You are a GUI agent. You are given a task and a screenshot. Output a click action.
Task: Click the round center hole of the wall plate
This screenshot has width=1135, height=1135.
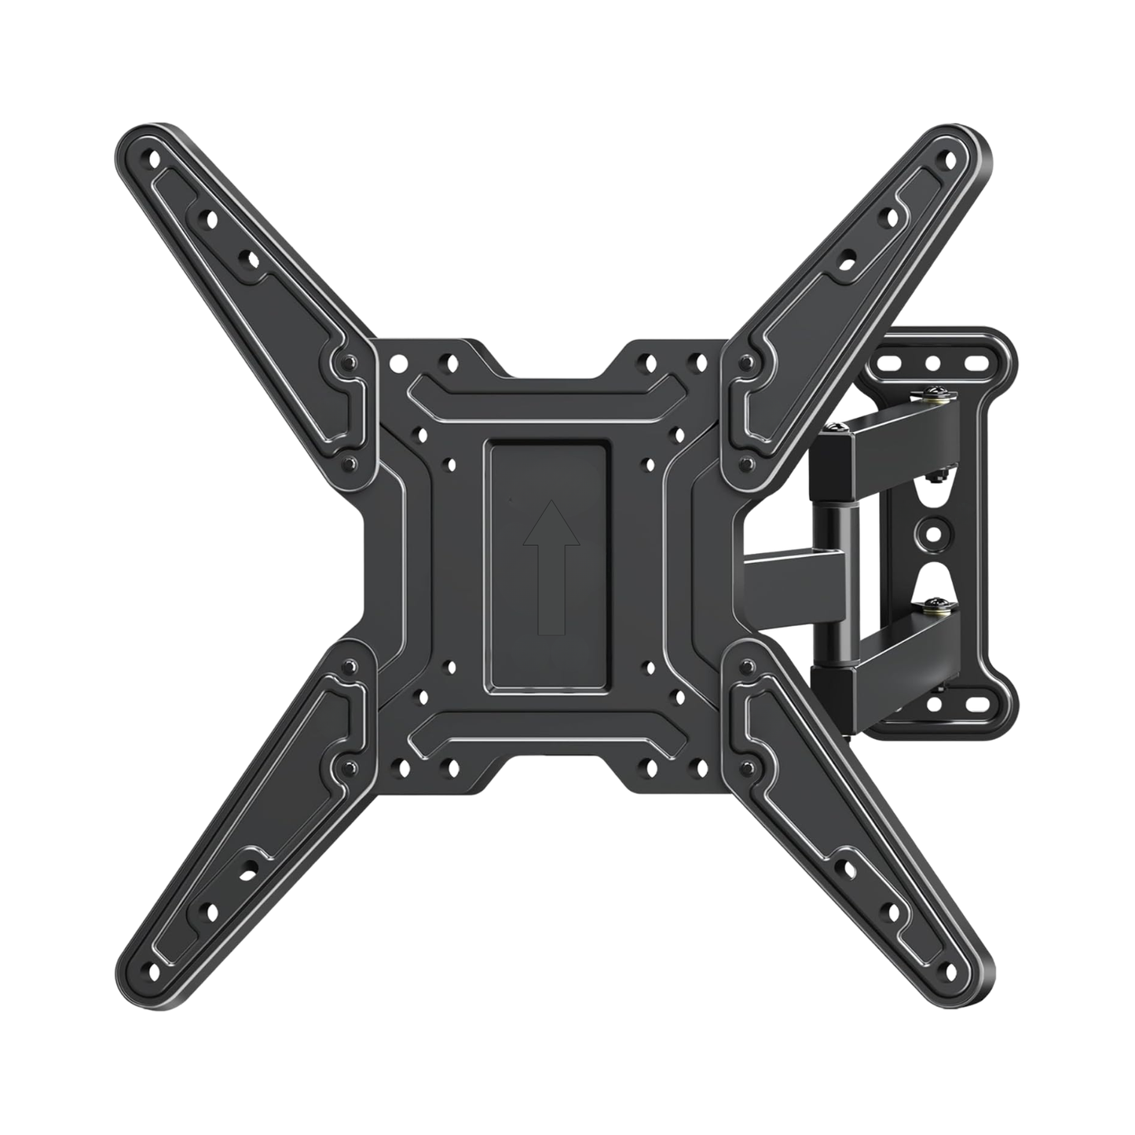point(934,534)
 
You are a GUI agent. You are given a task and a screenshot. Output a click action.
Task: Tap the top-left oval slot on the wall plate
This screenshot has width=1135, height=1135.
point(890,364)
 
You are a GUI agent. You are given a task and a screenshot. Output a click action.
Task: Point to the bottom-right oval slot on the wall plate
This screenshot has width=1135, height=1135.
point(977,704)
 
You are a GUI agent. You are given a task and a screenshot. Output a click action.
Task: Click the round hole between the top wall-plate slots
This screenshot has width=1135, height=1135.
point(933,364)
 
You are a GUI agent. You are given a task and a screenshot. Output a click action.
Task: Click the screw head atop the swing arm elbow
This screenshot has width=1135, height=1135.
point(834,427)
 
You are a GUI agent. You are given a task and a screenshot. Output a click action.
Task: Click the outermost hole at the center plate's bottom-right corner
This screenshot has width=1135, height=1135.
point(695,764)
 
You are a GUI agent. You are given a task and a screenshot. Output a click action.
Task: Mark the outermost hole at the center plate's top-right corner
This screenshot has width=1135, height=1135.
point(696,362)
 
